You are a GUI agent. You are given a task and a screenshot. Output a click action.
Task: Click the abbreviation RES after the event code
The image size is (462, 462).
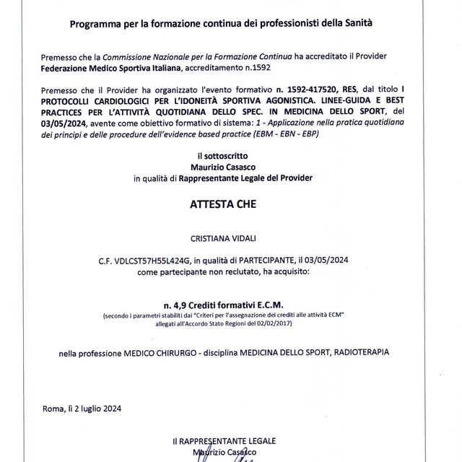pyautogui.click(x=352, y=87)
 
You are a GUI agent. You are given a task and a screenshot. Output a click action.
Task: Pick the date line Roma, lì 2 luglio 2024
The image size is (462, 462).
pyautogui.click(x=82, y=408)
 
